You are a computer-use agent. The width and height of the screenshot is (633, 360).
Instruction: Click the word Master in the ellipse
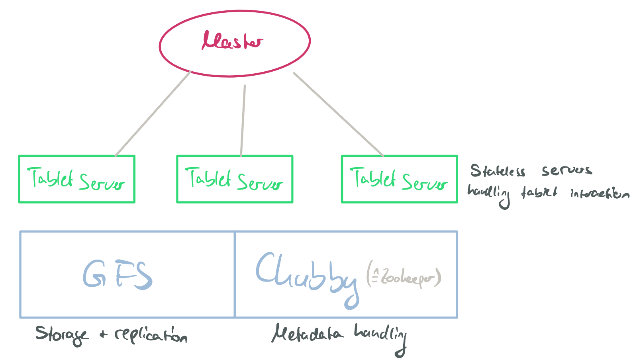(233, 41)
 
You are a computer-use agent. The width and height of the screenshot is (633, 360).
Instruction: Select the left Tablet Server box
(76, 179)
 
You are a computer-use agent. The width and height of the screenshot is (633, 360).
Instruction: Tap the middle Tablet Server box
(235, 179)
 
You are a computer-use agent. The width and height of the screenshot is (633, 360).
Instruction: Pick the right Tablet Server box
(399, 179)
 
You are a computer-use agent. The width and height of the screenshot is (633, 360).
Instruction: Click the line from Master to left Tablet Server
(153, 114)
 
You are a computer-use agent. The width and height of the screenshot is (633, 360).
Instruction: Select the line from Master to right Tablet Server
(338, 114)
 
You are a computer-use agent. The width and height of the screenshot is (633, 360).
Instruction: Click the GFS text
(118, 274)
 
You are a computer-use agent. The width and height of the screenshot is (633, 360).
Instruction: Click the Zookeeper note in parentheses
(404, 276)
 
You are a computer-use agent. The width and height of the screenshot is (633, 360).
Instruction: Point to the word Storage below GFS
(62, 335)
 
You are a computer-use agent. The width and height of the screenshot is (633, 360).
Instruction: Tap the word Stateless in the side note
(498, 171)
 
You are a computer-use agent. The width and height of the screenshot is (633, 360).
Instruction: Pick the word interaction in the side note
(600, 194)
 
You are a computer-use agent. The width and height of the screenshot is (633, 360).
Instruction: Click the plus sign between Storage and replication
(104, 335)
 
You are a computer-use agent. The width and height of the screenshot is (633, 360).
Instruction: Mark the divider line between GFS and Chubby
(235, 274)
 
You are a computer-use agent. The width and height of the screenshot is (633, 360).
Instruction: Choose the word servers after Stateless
(566, 170)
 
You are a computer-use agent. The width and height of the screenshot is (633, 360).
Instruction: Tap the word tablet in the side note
(539, 193)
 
